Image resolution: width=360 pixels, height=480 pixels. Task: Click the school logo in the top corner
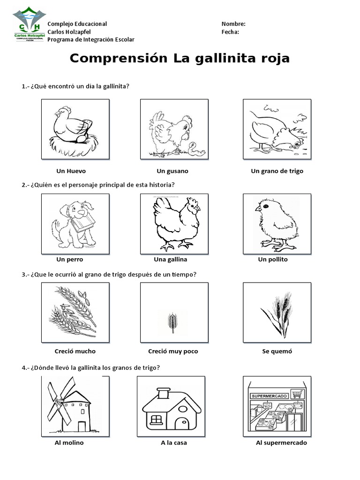click(x=30, y=25)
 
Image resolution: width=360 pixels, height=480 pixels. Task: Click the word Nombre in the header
click(x=233, y=24)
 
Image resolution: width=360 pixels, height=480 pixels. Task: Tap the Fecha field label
click(x=230, y=32)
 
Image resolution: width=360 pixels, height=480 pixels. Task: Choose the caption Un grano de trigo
click(x=277, y=171)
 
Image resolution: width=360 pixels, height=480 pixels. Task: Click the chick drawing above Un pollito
click(x=277, y=224)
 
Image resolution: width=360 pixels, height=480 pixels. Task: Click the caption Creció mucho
click(x=75, y=351)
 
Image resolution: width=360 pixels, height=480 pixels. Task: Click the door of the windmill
click(x=82, y=426)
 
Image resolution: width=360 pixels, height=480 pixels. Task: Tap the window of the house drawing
click(x=156, y=419)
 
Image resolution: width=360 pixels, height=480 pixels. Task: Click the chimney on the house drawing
click(x=164, y=394)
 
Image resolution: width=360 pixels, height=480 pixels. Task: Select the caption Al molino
click(x=69, y=442)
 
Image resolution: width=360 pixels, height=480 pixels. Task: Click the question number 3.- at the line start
click(x=25, y=274)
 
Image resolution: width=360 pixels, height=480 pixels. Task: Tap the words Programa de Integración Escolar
click(x=91, y=40)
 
